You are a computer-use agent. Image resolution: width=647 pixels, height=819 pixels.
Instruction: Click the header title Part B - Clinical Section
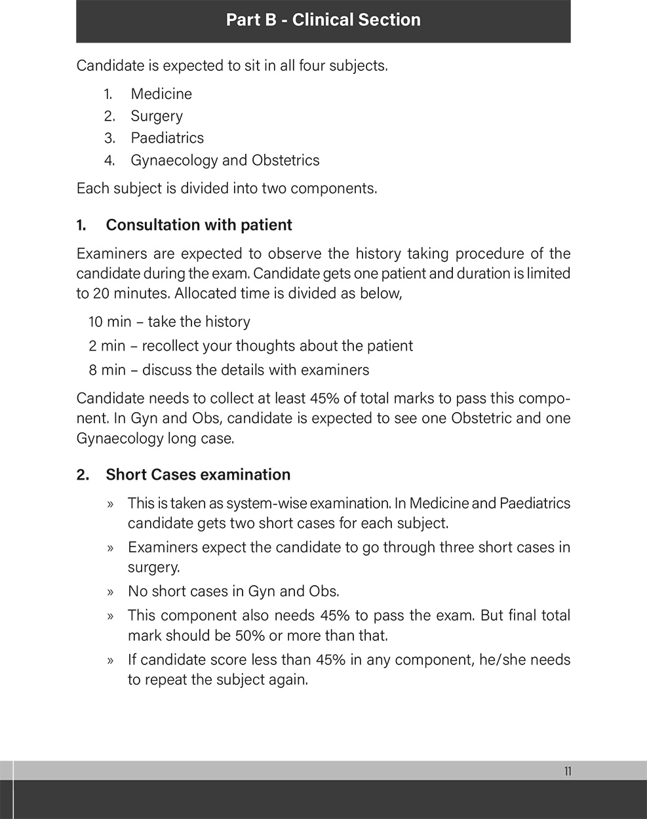(x=323, y=20)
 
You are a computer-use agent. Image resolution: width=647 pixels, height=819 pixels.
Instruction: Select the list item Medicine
(x=161, y=94)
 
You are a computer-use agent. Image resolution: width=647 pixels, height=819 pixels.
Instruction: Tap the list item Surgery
(x=157, y=116)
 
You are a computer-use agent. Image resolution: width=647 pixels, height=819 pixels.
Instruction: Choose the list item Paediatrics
(x=167, y=138)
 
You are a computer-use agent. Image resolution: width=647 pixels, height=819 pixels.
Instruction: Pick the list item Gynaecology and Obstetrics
(x=225, y=161)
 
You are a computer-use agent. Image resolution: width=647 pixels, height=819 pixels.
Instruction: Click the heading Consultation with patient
(x=199, y=225)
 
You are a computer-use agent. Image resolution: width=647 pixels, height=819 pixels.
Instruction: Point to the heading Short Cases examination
(x=198, y=475)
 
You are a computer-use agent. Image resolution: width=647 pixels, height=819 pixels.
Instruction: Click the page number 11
(x=568, y=771)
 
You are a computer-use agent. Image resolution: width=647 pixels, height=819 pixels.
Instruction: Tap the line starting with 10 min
(x=169, y=322)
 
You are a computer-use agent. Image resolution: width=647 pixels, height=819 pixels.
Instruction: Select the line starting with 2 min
(x=250, y=346)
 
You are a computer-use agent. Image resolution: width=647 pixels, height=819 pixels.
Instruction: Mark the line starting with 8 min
(x=229, y=370)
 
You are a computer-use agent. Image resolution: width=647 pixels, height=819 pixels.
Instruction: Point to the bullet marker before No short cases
(x=111, y=592)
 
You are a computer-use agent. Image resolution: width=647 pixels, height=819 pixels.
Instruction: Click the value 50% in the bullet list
(x=250, y=636)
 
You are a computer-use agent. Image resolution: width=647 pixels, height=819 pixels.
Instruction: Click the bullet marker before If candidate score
(x=111, y=660)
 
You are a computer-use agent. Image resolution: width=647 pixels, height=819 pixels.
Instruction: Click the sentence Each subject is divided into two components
(x=227, y=189)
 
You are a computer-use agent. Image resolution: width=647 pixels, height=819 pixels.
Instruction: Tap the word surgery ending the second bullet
(x=153, y=567)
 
